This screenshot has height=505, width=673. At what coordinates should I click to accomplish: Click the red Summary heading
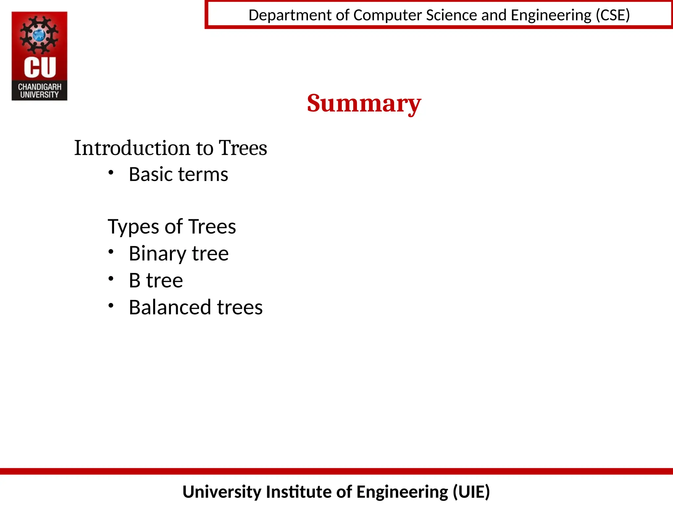point(364,103)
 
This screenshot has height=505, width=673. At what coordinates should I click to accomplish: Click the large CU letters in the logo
point(40,67)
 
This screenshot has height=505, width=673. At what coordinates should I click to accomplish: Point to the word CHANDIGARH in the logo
point(39,87)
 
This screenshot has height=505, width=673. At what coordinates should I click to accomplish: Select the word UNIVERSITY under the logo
point(39,95)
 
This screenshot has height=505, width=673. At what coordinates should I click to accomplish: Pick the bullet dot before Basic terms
point(111,172)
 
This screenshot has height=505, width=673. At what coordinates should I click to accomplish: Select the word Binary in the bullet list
point(157,254)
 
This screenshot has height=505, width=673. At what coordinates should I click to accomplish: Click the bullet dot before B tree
point(111,278)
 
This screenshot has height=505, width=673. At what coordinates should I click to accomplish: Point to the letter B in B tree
point(135,280)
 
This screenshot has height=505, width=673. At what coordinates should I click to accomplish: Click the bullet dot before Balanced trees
point(111,305)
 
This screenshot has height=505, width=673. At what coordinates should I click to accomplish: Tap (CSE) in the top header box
point(613,15)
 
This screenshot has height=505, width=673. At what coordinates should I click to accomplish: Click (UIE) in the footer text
point(471,492)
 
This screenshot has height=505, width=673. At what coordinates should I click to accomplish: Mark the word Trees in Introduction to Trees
point(243,148)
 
